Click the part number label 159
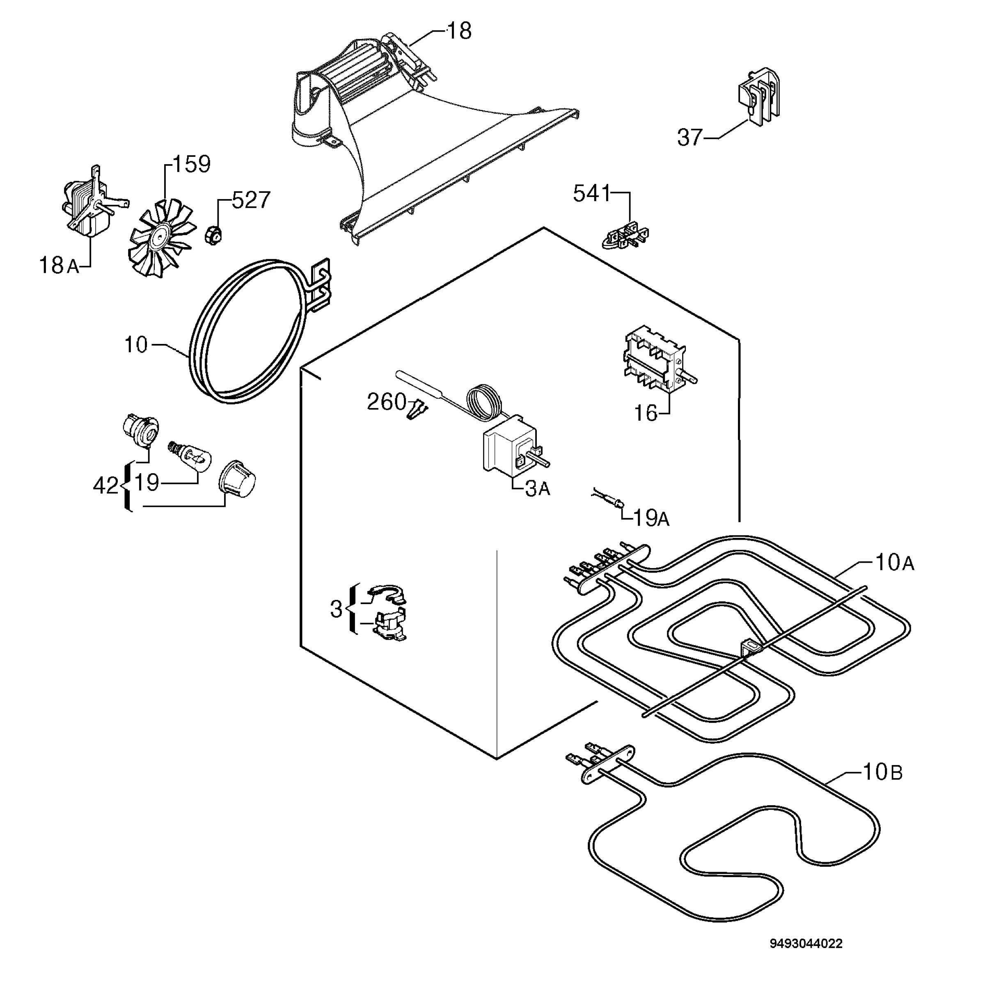pos(192,164)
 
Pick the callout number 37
pos(690,137)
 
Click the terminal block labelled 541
pos(626,236)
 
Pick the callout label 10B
pos(882,772)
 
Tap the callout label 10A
pos(895,562)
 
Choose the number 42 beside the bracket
pos(105,486)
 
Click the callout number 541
pos(591,194)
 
